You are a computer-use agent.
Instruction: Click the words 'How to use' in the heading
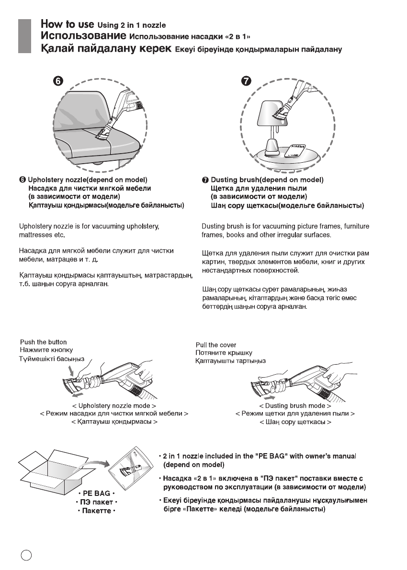click(67, 23)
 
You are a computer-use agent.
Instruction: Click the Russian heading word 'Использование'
click(83, 36)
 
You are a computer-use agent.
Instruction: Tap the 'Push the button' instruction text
click(43, 342)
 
